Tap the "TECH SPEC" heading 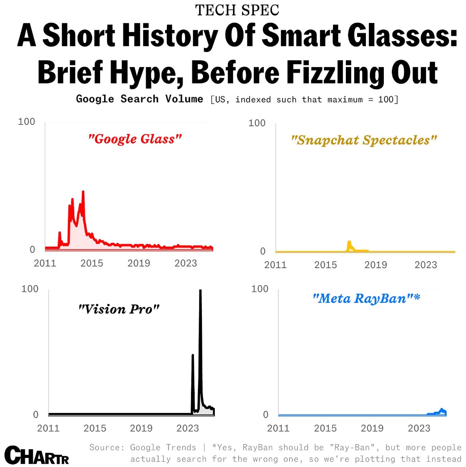coord(237,10)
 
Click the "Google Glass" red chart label coord(135,139)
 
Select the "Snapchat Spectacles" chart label coord(364,140)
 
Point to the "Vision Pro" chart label coord(119,309)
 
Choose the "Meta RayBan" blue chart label coord(366,299)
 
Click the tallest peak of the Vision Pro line coord(200,292)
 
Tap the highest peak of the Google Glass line coord(83,192)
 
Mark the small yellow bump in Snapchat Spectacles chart coord(349,243)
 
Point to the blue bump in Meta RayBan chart coord(442,410)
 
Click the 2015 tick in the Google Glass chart coord(92,263)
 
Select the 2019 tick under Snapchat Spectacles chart coord(375,265)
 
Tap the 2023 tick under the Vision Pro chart coord(188,428)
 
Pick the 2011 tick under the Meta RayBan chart coord(278,428)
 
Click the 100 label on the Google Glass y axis coord(27,122)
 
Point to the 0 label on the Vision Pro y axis coord(36,415)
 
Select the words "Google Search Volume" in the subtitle coord(140,99)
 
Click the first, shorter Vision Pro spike coord(192,356)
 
